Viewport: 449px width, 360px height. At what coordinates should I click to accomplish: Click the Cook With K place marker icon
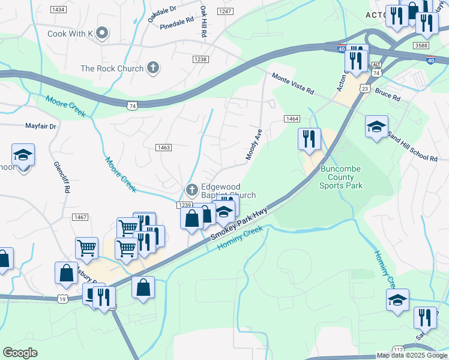[x=102, y=33]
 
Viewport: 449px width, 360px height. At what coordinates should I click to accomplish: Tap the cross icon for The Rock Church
[x=153, y=68]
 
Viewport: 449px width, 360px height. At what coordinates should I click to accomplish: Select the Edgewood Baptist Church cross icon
[x=192, y=191]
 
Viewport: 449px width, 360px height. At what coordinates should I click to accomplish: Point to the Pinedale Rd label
[x=177, y=23]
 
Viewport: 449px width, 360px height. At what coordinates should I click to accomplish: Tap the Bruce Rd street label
[x=388, y=95]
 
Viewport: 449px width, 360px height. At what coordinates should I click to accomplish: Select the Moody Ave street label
[x=254, y=145]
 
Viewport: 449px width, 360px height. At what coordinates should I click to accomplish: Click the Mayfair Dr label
[x=40, y=127]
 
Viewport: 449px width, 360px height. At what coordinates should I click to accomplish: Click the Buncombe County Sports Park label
[x=340, y=177]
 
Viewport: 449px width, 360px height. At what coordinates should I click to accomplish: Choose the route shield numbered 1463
[x=163, y=148]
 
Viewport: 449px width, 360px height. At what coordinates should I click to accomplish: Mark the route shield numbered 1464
[x=292, y=119]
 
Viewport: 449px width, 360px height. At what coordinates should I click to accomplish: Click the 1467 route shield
[x=80, y=217]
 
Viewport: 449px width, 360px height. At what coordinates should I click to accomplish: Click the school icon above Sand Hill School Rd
[x=376, y=127]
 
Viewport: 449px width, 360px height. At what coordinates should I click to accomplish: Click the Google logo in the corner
[x=20, y=353]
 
